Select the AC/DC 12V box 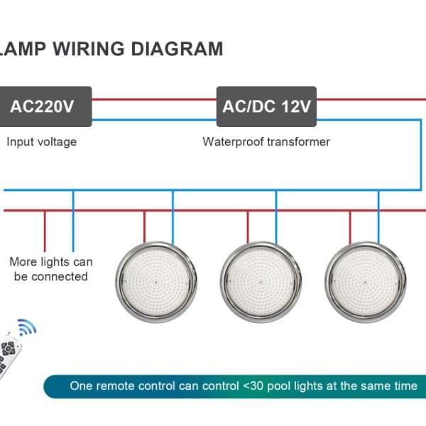[266, 107]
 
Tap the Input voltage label [42, 142]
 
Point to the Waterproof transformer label [266, 142]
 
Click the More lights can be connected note [51, 269]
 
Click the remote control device [11, 351]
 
